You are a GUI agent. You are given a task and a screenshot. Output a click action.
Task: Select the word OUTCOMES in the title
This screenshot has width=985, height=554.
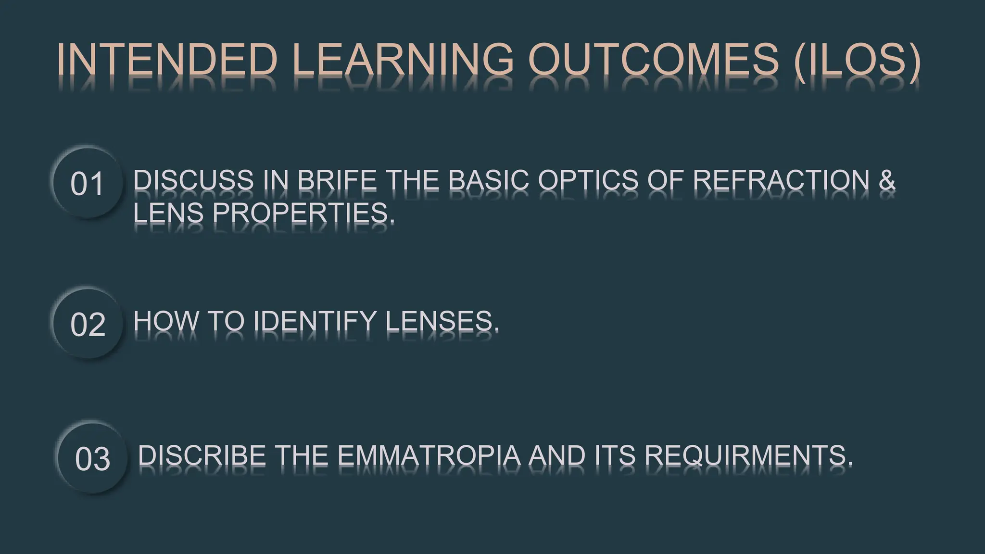tap(653, 60)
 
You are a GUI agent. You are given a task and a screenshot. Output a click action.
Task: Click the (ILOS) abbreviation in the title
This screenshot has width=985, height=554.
tap(857, 60)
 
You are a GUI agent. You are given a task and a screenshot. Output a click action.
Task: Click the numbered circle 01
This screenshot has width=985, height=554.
tap(87, 184)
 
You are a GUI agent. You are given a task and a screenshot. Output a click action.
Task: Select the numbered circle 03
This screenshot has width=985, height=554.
tap(92, 459)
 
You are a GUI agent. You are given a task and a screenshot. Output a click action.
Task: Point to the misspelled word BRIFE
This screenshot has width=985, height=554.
tap(337, 180)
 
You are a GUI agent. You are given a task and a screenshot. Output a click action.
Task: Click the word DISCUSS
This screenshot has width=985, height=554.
tap(193, 180)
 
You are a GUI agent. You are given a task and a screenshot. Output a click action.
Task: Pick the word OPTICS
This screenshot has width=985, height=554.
tap(588, 180)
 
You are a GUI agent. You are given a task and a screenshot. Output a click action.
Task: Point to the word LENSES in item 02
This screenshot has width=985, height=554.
tap(442, 321)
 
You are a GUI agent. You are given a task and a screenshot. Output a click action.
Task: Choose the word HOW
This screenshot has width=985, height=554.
tap(166, 321)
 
